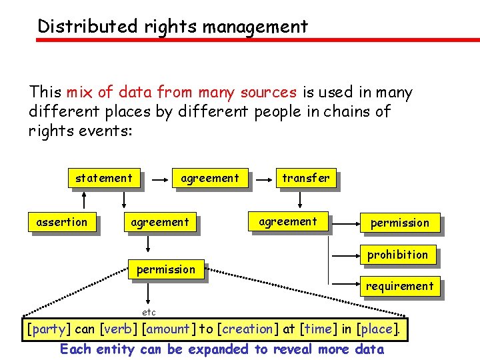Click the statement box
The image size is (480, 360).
pyautogui.click(x=104, y=178)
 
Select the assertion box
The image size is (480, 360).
pyautogui.click(x=62, y=222)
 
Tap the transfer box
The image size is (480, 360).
pyautogui.click(x=305, y=178)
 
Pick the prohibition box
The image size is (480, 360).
pyautogui.click(x=398, y=255)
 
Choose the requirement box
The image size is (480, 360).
pyautogui.click(x=399, y=286)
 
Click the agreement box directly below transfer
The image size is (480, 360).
pyautogui.click(x=289, y=221)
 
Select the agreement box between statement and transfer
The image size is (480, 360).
pyautogui.click(x=209, y=178)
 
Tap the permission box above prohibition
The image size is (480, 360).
pyautogui.click(x=400, y=223)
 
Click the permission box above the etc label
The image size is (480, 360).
pyautogui.click(x=166, y=269)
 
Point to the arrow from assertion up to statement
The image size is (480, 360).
pyautogui.click(x=84, y=200)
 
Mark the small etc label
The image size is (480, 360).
pyautogui.click(x=149, y=312)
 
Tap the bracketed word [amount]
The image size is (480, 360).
pyautogui.click(x=169, y=329)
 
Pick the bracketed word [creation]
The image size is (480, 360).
pyautogui.click(x=247, y=329)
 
